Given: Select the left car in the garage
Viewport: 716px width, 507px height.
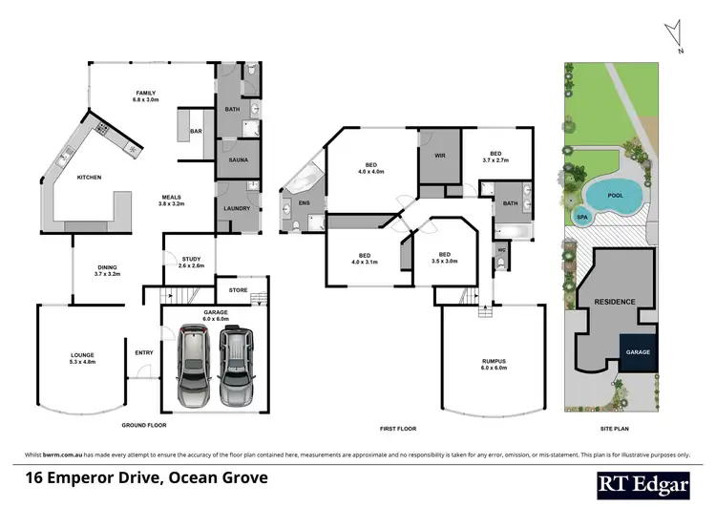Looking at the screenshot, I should point(194,366).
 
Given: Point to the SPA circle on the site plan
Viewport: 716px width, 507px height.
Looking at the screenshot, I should point(581,218).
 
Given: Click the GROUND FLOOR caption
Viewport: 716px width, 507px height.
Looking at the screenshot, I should point(143,424).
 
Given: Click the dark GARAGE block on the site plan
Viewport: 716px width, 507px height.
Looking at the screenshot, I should point(637,351).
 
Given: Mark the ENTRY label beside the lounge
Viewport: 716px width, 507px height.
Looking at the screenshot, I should point(144,352).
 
